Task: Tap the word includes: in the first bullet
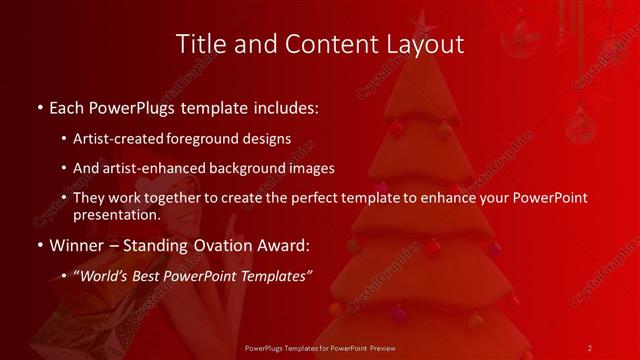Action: coord(284,106)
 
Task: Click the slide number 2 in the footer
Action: coord(590,348)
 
